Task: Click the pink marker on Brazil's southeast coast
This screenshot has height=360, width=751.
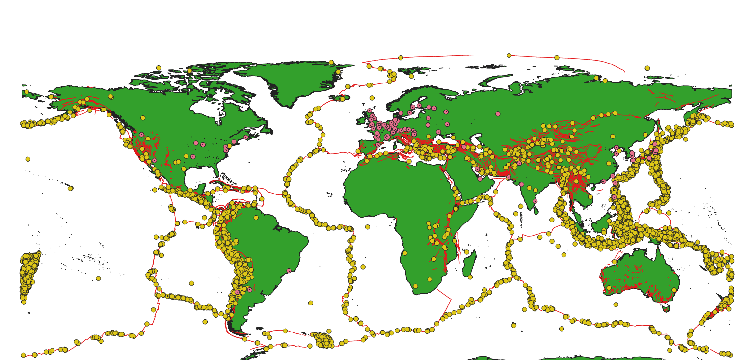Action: pos(289,271)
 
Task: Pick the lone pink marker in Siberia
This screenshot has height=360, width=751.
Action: pos(498,114)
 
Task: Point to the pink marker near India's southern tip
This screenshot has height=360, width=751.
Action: pos(535,201)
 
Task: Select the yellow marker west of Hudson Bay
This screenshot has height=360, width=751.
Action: pos(143,118)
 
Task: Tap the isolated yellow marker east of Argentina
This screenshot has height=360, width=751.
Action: pos(310,303)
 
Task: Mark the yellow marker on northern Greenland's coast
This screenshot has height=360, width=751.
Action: pos(331,62)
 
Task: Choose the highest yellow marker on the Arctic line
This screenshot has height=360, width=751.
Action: pos(509,55)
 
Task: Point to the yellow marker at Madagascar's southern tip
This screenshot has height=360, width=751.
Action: pos(470,277)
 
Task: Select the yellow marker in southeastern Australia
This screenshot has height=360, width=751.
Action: pos(674,290)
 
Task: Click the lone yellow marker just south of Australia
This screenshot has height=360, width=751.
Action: pos(616,305)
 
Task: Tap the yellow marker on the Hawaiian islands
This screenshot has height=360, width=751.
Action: pos(70,188)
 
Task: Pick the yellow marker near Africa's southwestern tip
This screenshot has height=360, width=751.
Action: pos(415,286)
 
